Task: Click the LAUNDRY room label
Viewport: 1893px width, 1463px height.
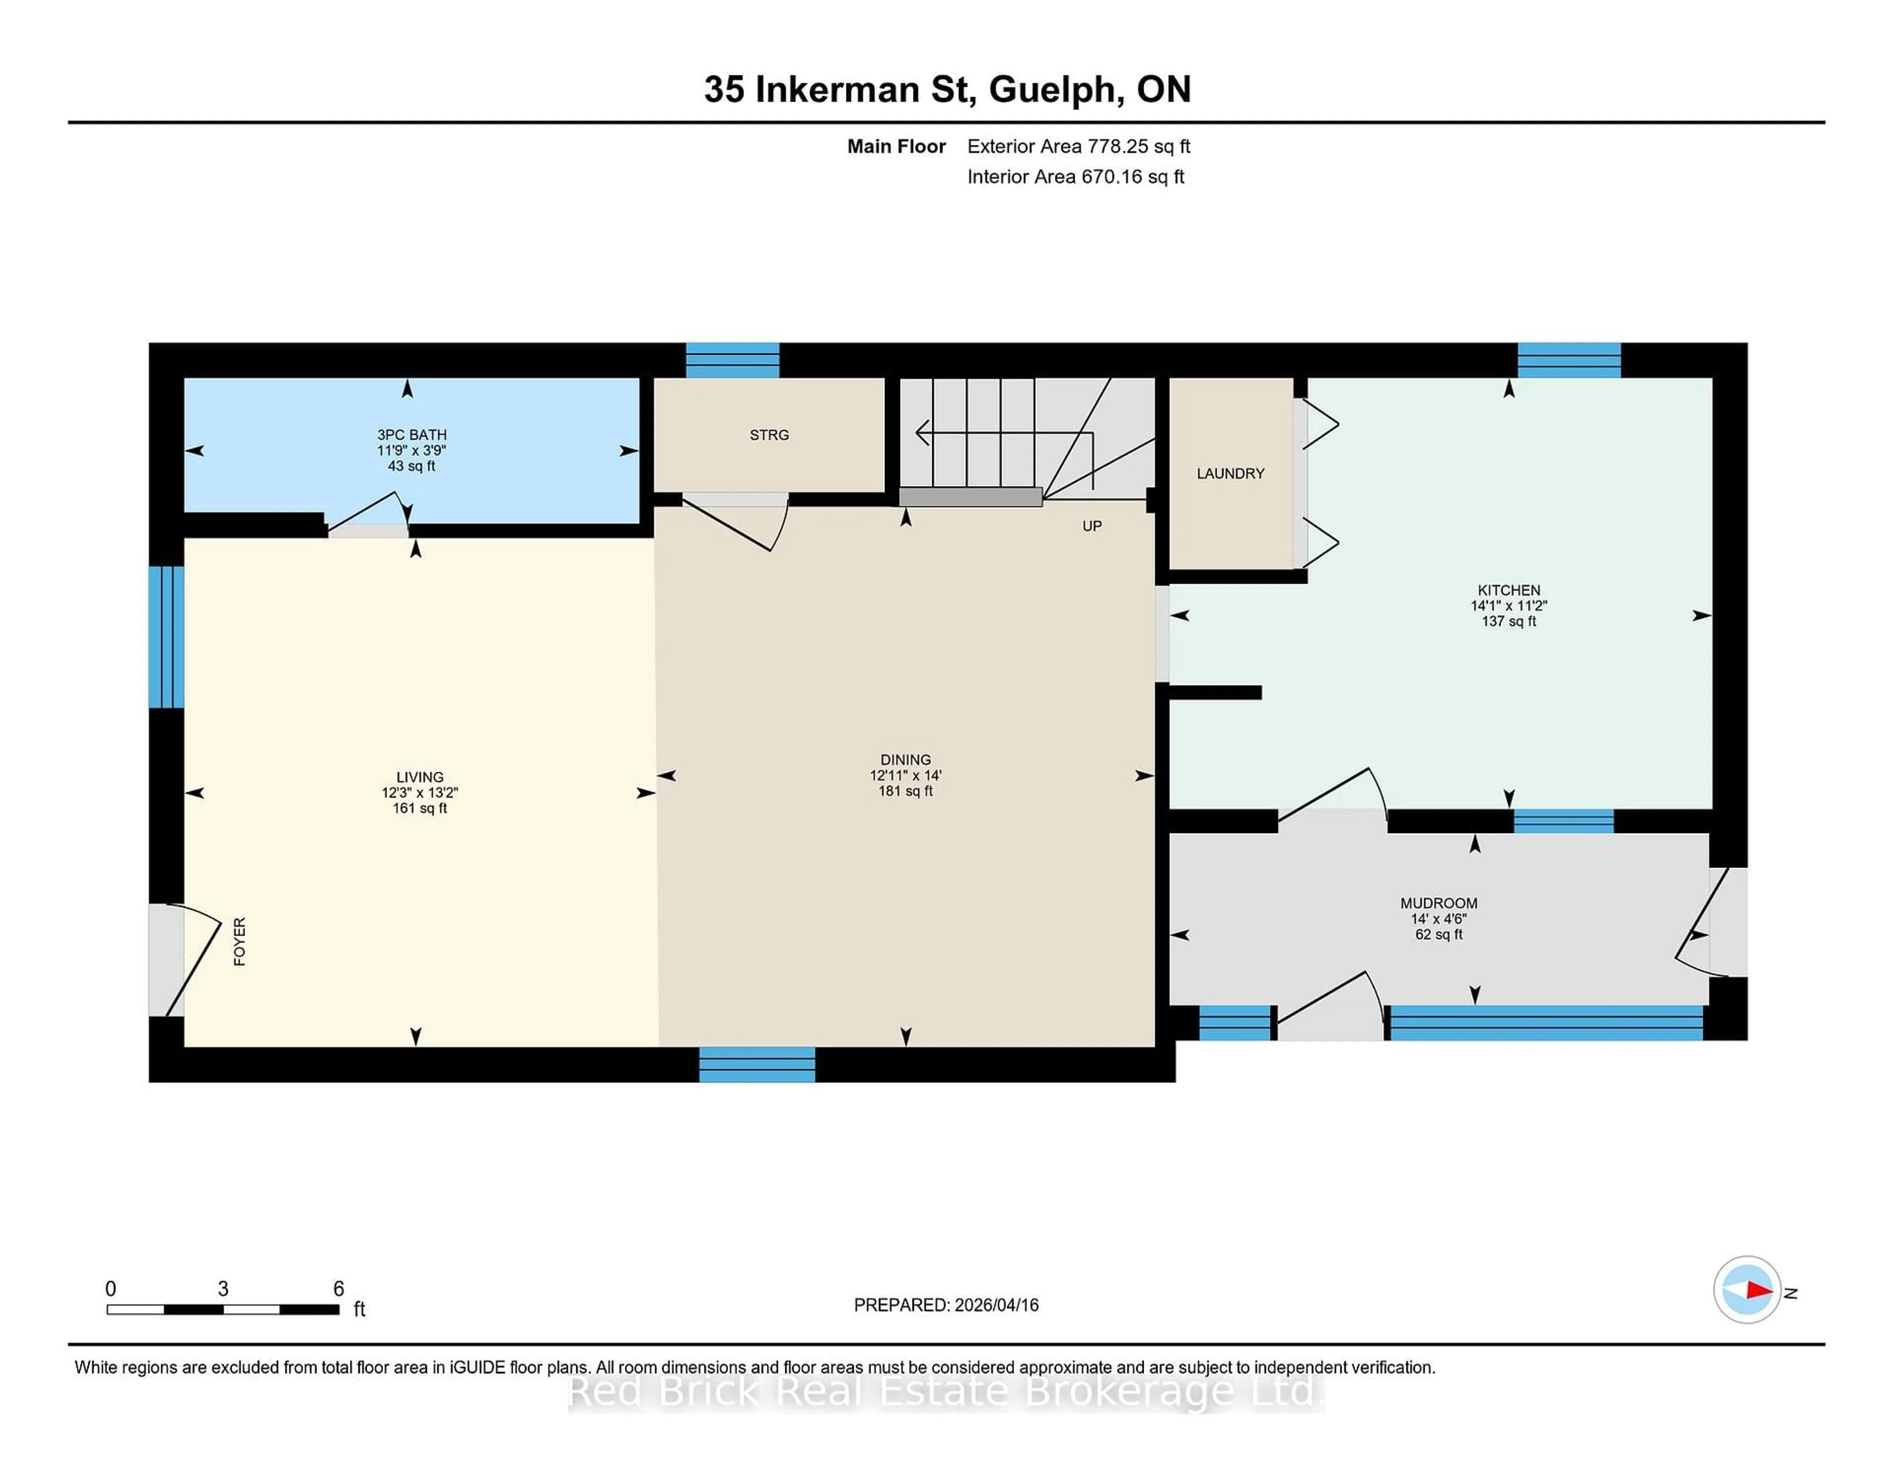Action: coord(1230,473)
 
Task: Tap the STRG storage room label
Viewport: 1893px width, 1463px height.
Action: coord(769,435)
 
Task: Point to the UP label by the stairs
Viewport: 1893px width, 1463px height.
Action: coord(1091,526)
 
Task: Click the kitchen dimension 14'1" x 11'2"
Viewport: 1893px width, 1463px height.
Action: coord(1508,606)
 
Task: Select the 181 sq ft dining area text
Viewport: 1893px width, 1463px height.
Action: coord(905,791)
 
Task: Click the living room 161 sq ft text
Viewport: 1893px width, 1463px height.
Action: coord(420,808)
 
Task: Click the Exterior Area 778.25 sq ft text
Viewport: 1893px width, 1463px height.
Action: coord(1078,146)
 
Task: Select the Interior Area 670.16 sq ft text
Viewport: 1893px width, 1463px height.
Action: coord(1075,177)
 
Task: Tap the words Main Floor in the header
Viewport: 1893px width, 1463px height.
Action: coord(896,146)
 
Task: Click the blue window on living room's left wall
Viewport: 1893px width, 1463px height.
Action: coord(167,637)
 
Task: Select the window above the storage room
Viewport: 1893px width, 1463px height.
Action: coord(733,360)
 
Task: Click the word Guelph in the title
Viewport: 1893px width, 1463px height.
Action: coord(1052,90)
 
